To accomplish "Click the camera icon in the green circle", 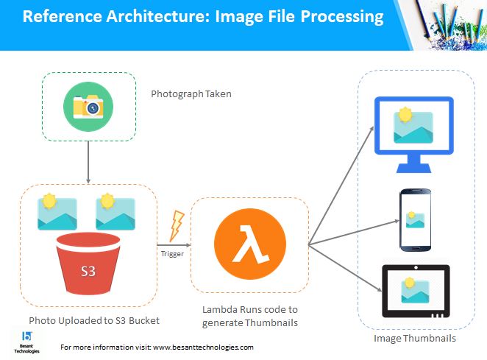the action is (88, 107).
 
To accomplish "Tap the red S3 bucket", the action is (88, 264).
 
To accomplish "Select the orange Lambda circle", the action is (250, 244).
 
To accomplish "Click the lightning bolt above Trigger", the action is (176, 226).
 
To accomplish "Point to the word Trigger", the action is (172, 254).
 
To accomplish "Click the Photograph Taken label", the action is (191, 94).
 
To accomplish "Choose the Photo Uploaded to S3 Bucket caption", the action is (94, 320).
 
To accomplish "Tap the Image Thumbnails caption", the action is (415, 338).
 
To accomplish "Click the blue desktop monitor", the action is (414, 134).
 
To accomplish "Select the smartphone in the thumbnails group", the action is (415, 220).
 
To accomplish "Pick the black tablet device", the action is (416, 292).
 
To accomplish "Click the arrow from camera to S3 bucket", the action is (88, 162).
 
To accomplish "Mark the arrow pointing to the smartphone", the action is (354, 233).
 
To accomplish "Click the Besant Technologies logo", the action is (26, 342).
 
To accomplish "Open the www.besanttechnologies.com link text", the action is (203, 347).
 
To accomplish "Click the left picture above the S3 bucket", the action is (57, 212).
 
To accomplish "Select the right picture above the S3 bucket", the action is (115, 212).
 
